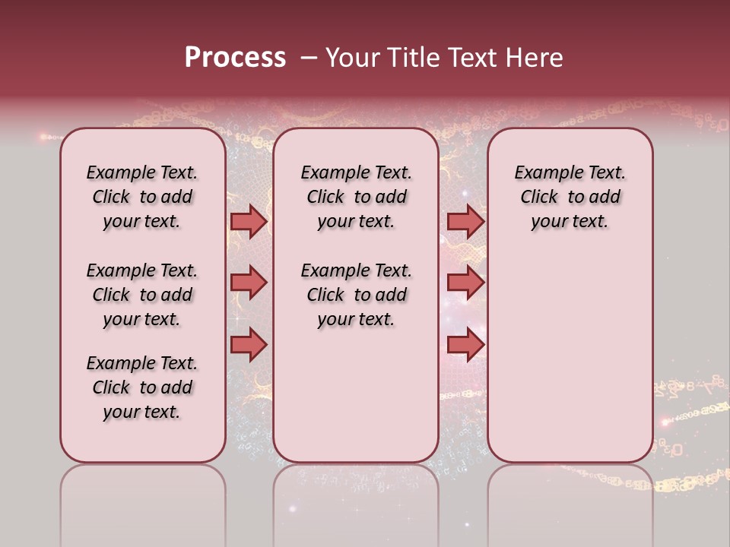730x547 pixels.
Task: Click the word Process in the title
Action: click(x=235, y=57)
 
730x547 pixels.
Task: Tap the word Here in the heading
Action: click(x=535, y=57)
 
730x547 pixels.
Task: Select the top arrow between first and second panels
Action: click(x=249, y=221)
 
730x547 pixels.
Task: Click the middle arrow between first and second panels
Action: click(x=249, y=283)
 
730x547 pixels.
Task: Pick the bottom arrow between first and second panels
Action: click(x=249, y=344)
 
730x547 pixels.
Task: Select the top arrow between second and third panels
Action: click(x=465, y=221)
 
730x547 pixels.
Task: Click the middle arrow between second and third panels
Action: click(x=465, y=283)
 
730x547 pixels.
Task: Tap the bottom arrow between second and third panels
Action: click(x=465, y=344)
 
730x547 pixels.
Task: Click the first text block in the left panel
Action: click(x=142, y=197)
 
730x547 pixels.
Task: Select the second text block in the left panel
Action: click(x=142, y=295)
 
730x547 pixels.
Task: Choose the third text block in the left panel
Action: click(x=142, y=387)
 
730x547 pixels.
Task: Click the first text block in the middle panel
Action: click(x=356, y=197)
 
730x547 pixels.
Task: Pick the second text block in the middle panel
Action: click(x=356, y=295)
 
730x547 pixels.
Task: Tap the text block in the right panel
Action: click(x=570, y=197)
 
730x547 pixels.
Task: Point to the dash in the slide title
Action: click(x=309, y=58)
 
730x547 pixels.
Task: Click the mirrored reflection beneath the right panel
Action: click(x=570, y=501)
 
